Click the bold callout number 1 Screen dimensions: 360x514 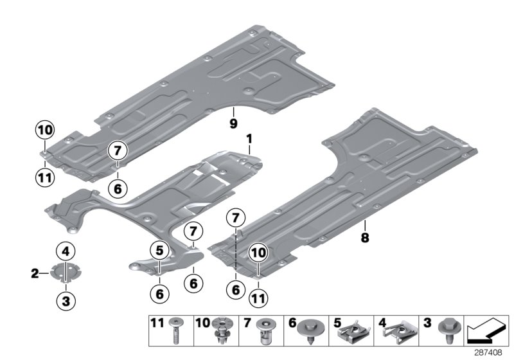tap(249, 139)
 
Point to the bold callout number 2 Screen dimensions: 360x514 tap(36, 274)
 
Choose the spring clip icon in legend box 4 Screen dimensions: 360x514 tap(398, 332)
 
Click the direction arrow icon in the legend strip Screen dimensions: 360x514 tap(487, 332)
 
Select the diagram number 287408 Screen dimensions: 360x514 tap(491, 353)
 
